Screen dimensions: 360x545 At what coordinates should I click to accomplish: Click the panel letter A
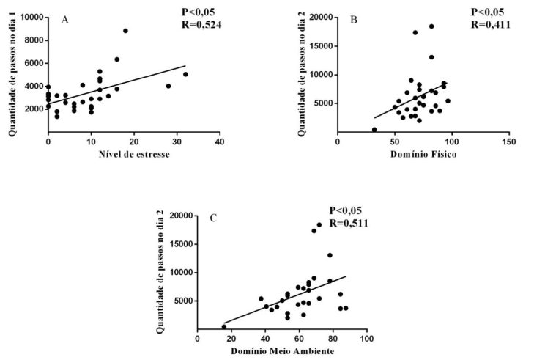coord(64,20)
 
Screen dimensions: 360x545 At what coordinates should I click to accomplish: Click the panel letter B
coord(354,20)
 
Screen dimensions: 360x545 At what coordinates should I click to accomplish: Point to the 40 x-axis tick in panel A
coord(219,141)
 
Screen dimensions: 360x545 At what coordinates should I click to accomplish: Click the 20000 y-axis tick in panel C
coord(177,216)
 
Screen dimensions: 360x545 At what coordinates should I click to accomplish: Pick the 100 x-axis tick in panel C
coord(367,339)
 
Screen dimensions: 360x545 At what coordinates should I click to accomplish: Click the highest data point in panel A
coord(125,31)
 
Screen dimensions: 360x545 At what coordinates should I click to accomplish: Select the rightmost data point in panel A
coord(185,74)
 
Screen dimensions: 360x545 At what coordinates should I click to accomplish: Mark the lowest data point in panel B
coord(374,130)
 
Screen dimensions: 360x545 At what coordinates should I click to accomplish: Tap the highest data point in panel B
coord(431,26)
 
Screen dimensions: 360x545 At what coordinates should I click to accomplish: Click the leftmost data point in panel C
coord(224,326)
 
